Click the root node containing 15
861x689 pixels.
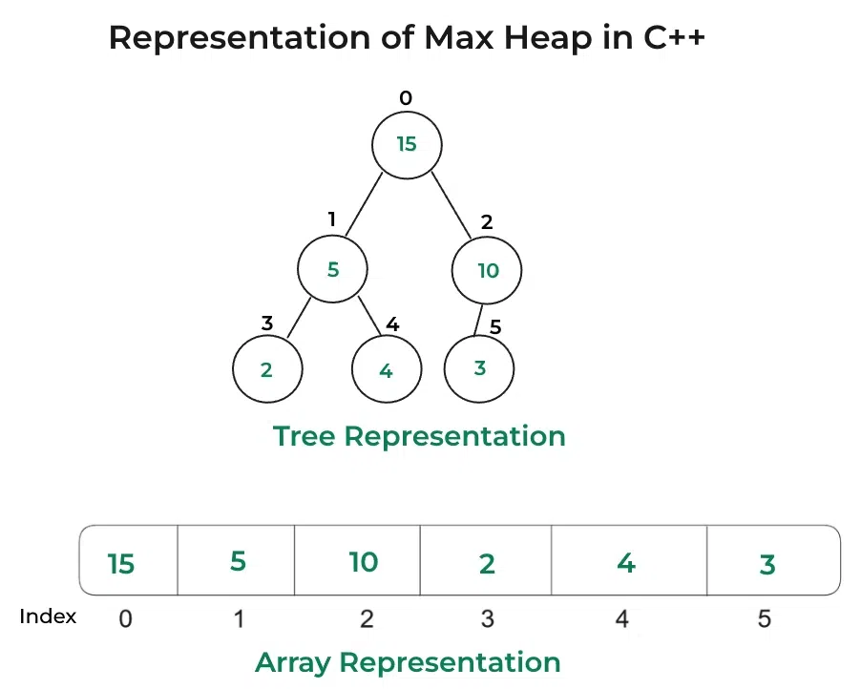pyautogui.click(x=407, y=144)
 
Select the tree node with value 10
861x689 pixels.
pyautogui.click(x=487, y=270)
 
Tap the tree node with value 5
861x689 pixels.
pyautogui.click(x=332, y=269)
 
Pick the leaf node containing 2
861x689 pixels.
pyautogui.click(x=266, y=369)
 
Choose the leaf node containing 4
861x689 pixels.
pyautogui.click(x=386, y=369)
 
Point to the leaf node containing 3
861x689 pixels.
pyautogui.click(x=479, y=368)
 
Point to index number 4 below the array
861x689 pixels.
pyautogui.click(x=622, y=619)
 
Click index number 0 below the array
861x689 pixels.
pyautogui.click(x=125, y=619)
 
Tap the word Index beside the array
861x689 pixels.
pyautogui.click(x=48, y=616)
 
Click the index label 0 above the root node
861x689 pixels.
pyautogui.click(x=406, y=97)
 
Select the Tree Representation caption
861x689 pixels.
pyautogui.click(x=419, y=436)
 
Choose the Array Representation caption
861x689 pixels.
pyautogui.click(x=408, y=662)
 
